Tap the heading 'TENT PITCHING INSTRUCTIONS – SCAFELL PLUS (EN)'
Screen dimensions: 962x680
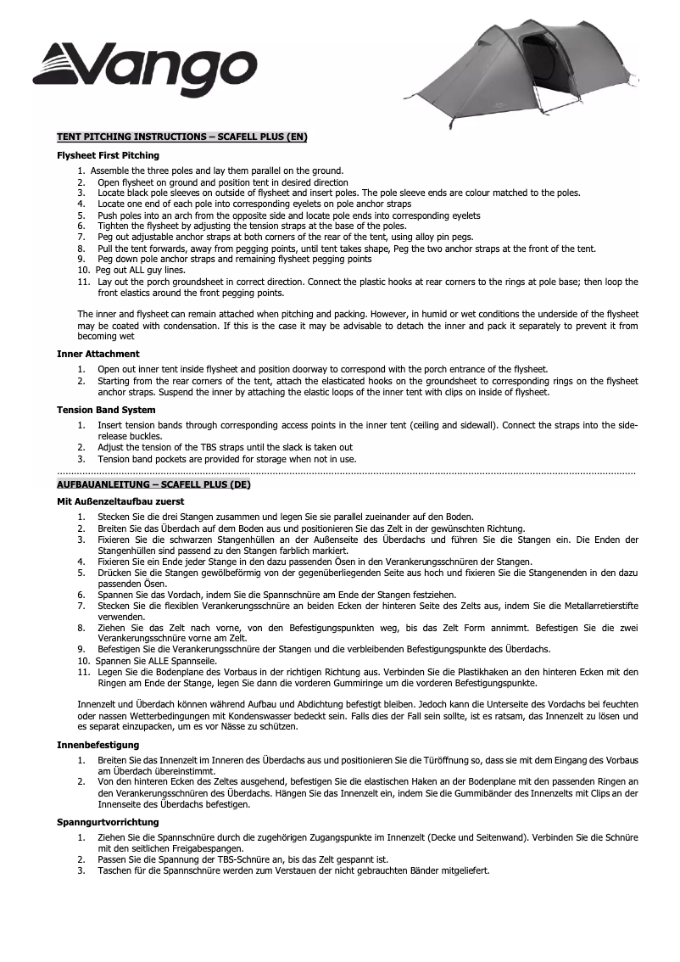coord(181,137)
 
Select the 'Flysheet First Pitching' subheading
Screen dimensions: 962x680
coord(108,156)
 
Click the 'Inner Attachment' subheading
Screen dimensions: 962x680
coord(98,354)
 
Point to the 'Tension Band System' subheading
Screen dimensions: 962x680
coord(106,410)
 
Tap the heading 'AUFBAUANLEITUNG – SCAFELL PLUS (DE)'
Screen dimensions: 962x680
coord(153,484)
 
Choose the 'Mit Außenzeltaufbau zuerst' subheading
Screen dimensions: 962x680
coord(120,501)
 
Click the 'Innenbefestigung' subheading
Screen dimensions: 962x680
coord(98,745)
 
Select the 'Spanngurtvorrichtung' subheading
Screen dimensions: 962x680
coord(107,822)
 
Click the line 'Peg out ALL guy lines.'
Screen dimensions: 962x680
coord(141,270)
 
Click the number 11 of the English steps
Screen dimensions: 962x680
coord(82,281)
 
